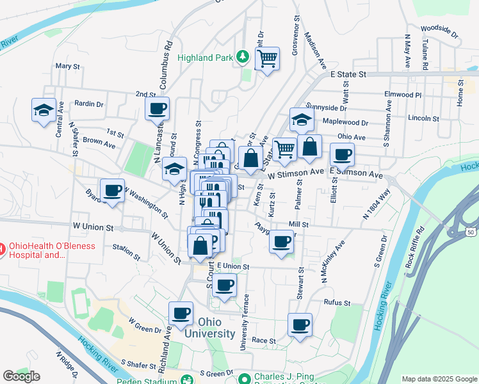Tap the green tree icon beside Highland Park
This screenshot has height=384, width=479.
[x=243, y=58]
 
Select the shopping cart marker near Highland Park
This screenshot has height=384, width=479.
[x=267, y=59]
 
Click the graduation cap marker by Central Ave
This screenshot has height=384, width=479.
[x=44, y=109]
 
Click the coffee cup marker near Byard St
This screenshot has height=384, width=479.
[x=112, y=190]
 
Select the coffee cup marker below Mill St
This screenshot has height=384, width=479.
[x=281, y=241]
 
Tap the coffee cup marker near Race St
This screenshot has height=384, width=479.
[x=300, y=324]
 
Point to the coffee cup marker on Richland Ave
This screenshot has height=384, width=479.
[x=181, y=314]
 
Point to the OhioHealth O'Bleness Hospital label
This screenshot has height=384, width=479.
[x=38, y=250]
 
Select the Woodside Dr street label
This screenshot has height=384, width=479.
[x=439, y=31]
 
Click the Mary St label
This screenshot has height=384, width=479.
[x=67, y=66]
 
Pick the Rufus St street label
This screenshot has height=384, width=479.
[x=337, y=303]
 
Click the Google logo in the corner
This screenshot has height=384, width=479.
[x=21, y=376]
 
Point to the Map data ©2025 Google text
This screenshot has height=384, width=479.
[x=439, y=379]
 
